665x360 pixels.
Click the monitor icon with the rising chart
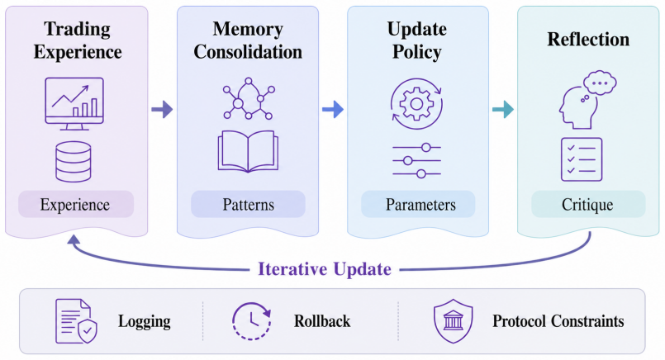click(74, 103)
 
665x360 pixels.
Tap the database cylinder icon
click(74, 162)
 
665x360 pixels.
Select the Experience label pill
click(76, 205)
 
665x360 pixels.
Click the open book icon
click(248, 151)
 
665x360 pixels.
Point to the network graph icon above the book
click(249, 99)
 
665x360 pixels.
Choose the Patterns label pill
click(248, 205)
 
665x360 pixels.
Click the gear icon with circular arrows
click(416, 103)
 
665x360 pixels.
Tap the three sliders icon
click(417, 161)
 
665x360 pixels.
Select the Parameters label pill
click(418, 205)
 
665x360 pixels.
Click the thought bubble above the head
click(600, 83)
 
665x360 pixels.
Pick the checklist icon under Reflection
click(582, 159)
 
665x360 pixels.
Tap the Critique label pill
click(588, 205)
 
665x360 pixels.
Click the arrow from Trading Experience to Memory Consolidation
click(162, 109)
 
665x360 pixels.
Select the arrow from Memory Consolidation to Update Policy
click(333, 109)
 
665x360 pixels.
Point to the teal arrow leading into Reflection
click(503, 109)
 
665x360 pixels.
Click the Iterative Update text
click(325, 269)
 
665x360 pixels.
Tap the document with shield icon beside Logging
click(76, 321)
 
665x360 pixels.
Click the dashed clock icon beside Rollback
click(251, 321)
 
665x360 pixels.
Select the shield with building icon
click(453, 321)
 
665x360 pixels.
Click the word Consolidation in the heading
click(248, 52)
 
